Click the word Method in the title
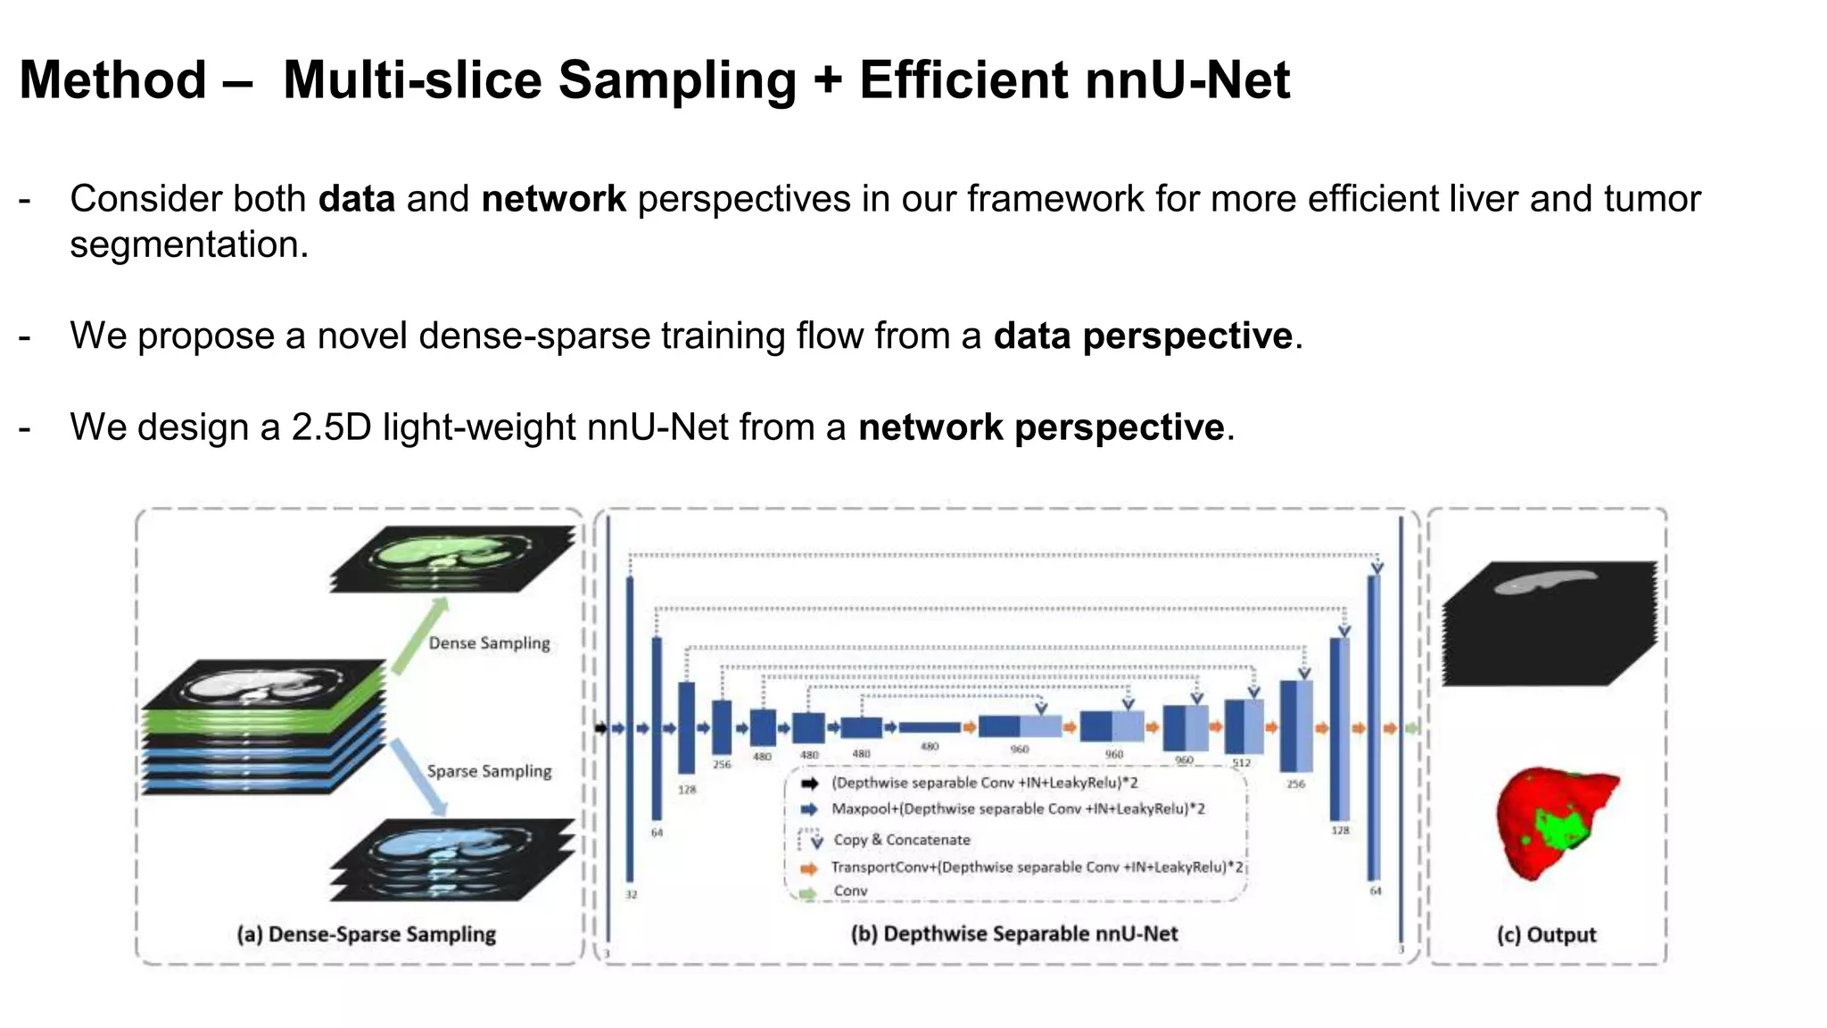pyautogui.click(x=113, y=80)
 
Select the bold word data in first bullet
pyautogui.click(x=357, y=199)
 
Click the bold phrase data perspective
pyautogui.click(x=1143, y=336)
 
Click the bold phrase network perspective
pyautogui.click(x=1040, y=427)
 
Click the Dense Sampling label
pyautogui.click(x=489, y=643)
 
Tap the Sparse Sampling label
pyautogui.click(x=489, y=771)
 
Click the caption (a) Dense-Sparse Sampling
pyautogui.click(x=366, y=934)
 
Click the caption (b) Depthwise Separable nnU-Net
pyautogui.click(x=1013, y=934)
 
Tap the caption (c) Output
pyautogui.click(x=1546, y=935)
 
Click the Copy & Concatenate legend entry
pyautogui.click(x=901, y=840)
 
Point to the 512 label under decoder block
pyautogui.click(x=1241, y=763)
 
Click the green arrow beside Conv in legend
pyautogui.click(x=808, y=892)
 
